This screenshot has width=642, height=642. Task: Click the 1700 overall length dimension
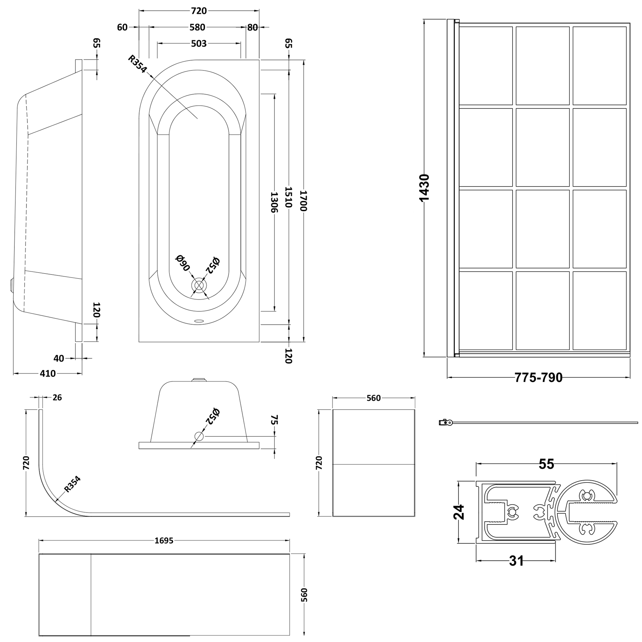click(x=304, y=200)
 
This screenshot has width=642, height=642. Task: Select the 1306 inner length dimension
click(x=274, y=202)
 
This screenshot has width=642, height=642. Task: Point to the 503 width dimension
click(x=199, y=44)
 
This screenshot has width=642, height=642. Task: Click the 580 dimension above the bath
click(x=197, y=27)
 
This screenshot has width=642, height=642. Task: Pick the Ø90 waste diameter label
click(x=182, y=263)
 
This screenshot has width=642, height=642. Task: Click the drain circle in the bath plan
click(x=199, y=285)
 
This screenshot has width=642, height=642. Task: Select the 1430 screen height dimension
click(x=424, y=188)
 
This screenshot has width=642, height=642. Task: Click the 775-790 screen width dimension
click(x=538, y=377)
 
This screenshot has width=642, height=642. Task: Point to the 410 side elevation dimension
click(x=48, y=374)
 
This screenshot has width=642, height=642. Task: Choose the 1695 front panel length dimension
click(x=164, y=541)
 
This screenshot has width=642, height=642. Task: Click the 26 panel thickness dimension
click(x=57, y=397)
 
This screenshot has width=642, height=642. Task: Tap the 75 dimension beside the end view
click(x=274, y=420)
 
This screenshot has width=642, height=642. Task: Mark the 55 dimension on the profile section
click(x=546, y=464)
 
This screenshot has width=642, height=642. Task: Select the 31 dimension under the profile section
click(x=516, y=560)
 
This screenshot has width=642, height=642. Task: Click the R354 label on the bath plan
click(x=137, y=64)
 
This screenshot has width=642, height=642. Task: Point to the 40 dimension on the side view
click(x=59, y=358)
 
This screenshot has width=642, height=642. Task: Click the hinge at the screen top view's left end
click(x=445, y=422)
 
